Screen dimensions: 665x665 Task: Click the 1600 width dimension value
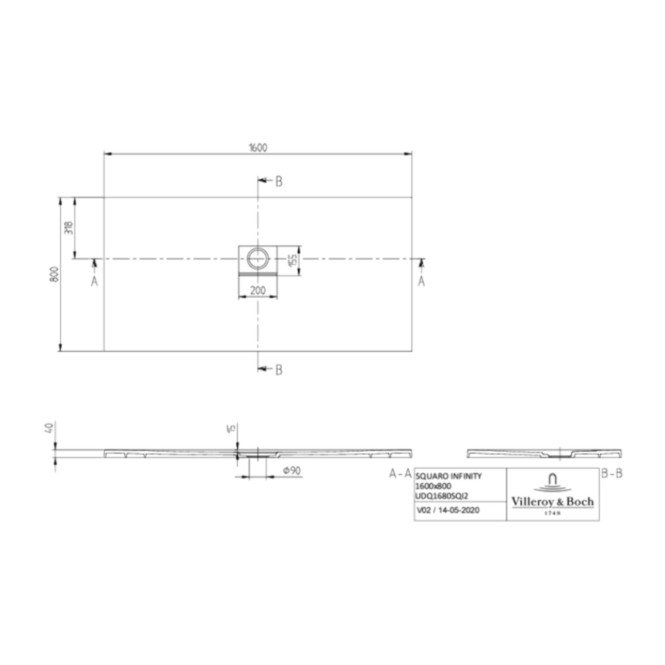(x=258, y=147)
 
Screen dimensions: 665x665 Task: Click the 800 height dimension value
(x=54, y=274)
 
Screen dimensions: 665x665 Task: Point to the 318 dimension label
(x=69, y=228)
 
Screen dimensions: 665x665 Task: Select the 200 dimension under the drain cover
(x=258, y=291)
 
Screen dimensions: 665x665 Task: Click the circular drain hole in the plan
(x=257, y=258)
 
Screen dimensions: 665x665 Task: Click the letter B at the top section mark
(x=279, y=182)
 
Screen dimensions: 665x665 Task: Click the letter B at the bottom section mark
(x=279, y=370)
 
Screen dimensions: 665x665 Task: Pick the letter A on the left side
(x=94, y=281)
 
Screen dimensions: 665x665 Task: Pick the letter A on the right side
(x=421, y=281)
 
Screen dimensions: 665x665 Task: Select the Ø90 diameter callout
(x=292, y=471)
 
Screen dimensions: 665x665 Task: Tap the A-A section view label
(x=400, y=474)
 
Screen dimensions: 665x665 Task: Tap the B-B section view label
(x=612, y=474)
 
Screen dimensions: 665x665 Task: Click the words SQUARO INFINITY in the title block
(x=448, y=476)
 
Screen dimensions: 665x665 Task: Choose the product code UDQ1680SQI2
(x=442, y=496)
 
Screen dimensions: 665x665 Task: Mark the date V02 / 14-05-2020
(x=448, y=510)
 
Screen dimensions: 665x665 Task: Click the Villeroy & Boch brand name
(x=552, y=501)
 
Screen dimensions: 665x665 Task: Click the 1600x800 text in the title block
(x=433, y=486)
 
